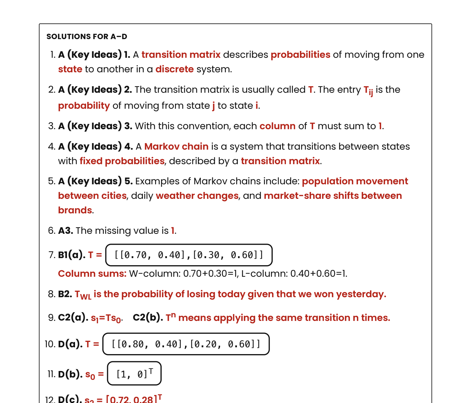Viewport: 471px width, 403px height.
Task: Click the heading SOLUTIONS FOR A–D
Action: pyautogui.click(x=87, y=36)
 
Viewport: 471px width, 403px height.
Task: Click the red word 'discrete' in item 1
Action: pyautogui.click(x=174, y=69)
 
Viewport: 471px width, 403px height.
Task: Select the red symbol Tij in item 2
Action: pyautogui.click(x=368, y=90)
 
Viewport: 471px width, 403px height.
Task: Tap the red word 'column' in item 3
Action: pyautogui.click(x=277, y=126)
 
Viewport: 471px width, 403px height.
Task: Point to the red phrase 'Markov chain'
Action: pyautogui.click(x=176, y=146)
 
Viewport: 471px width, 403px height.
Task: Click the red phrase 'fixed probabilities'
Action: pyautogui.click(x=122, y=161)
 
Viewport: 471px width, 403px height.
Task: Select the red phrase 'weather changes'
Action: pyautogui.click(x=197, y=196)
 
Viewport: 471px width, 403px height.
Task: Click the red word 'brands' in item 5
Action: pyautogui.click(x=75, y=210)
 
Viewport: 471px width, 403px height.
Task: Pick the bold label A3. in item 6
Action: pyautogui.click(x=66, y=231)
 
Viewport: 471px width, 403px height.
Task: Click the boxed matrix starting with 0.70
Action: pyautogui.click(x=189, y=255)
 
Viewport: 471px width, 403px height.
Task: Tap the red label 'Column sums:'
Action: pyautogui.click(x=92, y=273)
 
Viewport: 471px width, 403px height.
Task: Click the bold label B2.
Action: pyautogui.click(x=65, y=294)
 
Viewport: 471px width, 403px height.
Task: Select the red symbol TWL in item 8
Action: pyautogui.click(x=83, y=295)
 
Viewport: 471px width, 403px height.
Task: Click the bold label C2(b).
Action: pyautogui.click(x=148, y=317)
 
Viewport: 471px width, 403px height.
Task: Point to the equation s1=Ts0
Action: pyautogui.click(x=106, y=318)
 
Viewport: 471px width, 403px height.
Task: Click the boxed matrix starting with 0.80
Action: pyautogui.click(x=186, y=344)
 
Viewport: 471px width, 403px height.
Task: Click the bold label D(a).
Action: pyautogui.click(x=70, y=344)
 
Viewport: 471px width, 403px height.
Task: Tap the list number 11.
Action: pyautogui.click(x=51, y=374)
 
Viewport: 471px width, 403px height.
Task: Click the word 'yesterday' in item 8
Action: pyautogui.click(x=360, y=294)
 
